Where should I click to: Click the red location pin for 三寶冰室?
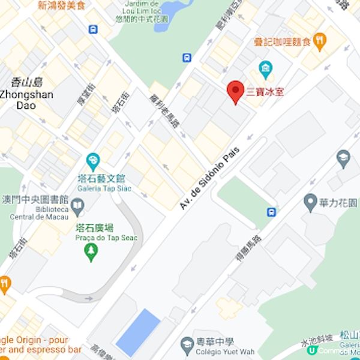[235, 92]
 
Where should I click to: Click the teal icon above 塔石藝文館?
[93, 161]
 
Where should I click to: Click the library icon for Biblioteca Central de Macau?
[77, 208]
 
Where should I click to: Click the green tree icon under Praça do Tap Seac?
[91, 253]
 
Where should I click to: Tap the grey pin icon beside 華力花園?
[310, 202]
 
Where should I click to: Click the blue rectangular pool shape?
[138, 332]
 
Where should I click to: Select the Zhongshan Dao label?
[26, 100]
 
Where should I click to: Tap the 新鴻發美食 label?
[62, 5]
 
